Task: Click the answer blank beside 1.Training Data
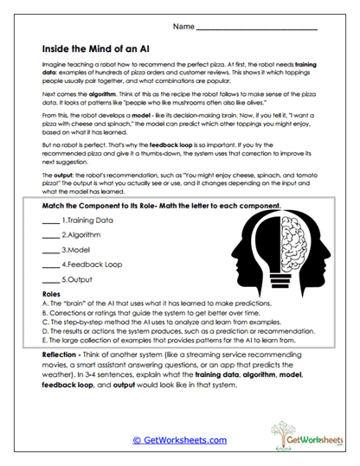pyautogui.click(x=50, y=222)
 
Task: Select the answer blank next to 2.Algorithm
pyautogui.click(x=50, y=235)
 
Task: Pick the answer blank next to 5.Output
pyautogui.click(x=50, y=280)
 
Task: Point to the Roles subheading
pyautogui.click(x=51, y=295)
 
